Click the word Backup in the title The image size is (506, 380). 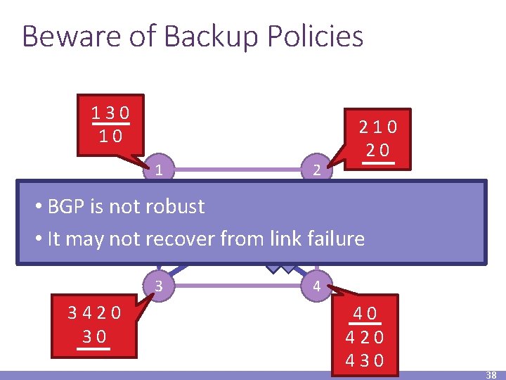[x=193, y=36]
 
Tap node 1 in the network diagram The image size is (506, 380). [x=160, y=170]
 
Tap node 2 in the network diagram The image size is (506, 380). [x=318, y=170]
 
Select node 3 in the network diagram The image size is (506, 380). [x=160, y=286]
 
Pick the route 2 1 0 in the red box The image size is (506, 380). [x=377, y=127]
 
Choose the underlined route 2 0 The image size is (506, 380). [x=377, y=151]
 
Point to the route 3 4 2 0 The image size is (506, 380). [x=93, y=312]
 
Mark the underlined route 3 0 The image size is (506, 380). [x=93, y=336]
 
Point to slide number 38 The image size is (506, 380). [x=491, y=375]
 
